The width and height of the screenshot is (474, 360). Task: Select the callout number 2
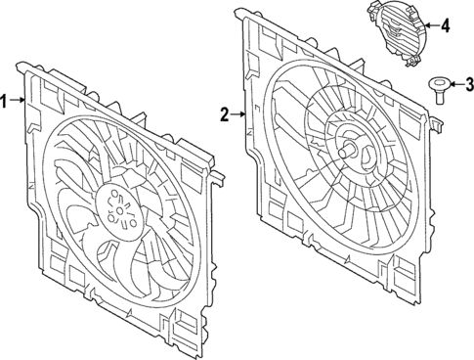coord(225,115)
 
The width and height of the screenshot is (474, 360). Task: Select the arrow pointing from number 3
coord(455,84)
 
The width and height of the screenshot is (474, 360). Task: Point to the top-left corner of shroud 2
coord(241,12)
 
